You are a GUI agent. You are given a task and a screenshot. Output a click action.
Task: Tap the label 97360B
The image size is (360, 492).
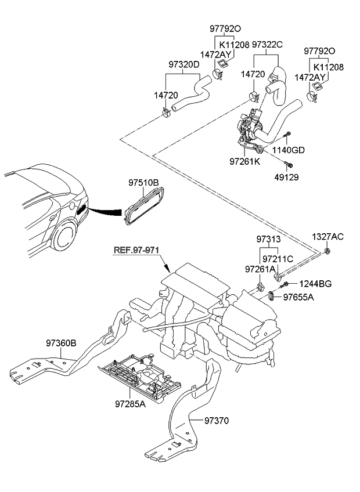click(x=62, y=342)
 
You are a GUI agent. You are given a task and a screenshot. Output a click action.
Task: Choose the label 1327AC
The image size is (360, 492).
click(x=328, y=237)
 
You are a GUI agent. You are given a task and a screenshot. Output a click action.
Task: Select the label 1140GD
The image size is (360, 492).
click(x=290, y=150)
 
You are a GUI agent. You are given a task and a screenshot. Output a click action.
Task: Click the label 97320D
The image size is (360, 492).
click(x=184, y=64)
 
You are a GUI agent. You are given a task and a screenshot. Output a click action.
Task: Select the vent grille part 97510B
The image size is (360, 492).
click(x=142, y=206)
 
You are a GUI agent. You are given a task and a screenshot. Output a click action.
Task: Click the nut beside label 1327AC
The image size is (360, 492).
click(x=328, y=251)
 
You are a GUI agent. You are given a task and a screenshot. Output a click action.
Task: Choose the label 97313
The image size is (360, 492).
click(x=269, y=240)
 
